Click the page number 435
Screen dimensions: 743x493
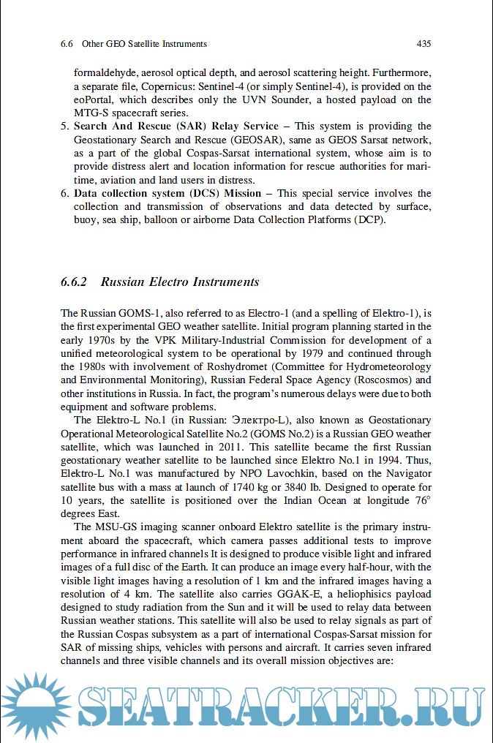423,44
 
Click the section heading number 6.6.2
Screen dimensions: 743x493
74,282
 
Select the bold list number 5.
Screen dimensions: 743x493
64,127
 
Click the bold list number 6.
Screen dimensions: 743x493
64,194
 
